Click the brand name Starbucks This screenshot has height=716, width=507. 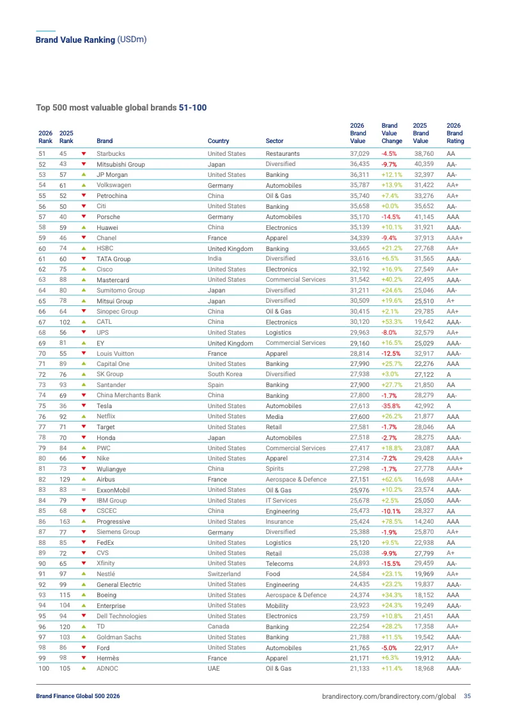(x=111, y=154)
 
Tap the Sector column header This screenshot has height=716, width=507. (x=274, y=141)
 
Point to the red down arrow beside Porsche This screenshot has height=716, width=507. (x=83, y=217)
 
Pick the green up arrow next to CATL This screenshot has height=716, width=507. (x=83, y=322)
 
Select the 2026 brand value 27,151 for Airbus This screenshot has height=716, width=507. (x=360, y=479)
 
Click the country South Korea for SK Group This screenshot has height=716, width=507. (x=226, y=374)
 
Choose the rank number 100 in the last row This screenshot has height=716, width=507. (x=44, y=668)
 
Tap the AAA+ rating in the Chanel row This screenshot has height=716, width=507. (x=455, y=238)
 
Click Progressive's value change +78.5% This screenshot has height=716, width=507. (x=392, y=521)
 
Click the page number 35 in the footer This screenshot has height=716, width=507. (x=467, y=696)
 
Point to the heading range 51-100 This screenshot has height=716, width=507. (x=192, y=107)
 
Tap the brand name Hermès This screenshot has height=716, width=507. (x=108, y=658)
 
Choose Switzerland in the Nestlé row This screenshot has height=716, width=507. (x=224, y=574)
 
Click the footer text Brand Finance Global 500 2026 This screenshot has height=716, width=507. (x=77, y=696)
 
